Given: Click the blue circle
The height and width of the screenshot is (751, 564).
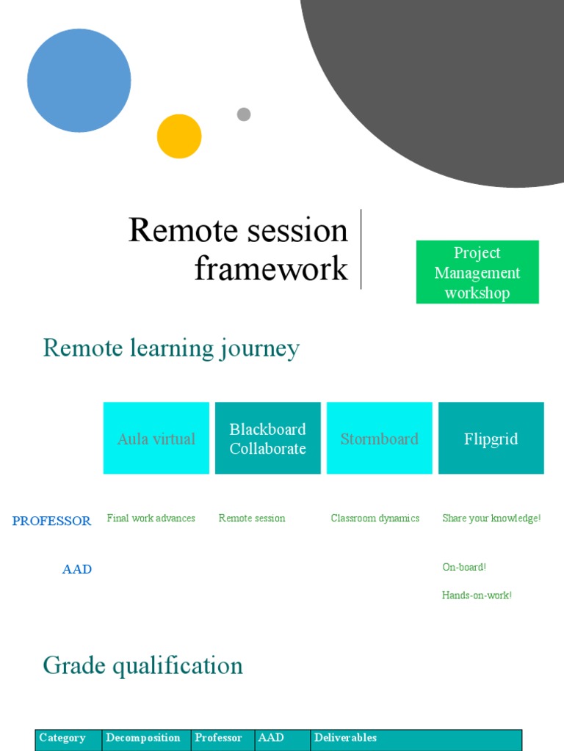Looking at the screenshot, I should coord(79,81).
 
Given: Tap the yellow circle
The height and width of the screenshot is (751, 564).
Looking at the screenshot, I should coord(179,136).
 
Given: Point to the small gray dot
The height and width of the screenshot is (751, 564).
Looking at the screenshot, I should coord(244,114).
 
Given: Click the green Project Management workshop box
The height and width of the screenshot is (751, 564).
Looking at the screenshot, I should coord(477,272).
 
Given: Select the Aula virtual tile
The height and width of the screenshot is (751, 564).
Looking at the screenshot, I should coord(156,439).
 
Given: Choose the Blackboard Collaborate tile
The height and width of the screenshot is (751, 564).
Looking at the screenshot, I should coord(268,439).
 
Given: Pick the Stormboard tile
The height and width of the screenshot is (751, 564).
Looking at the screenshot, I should coord(380,439).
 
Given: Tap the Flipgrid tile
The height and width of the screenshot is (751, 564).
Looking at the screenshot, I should coord(491,439).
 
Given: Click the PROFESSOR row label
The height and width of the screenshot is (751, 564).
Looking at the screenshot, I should coord(52,521).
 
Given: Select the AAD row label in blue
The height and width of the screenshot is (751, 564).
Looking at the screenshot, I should coord(77,569).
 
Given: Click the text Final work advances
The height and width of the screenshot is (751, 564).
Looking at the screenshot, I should coord(151,519).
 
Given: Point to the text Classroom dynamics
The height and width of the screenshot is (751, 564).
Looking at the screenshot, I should coord(375,519).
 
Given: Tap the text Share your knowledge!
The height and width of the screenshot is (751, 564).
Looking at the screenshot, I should coord(491,519).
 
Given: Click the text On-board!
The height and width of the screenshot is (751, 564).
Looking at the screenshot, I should coord(464,567).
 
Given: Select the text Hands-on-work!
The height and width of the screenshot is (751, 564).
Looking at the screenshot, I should coord(477,596).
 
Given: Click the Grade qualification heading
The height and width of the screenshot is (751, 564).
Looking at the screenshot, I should coord(143,665).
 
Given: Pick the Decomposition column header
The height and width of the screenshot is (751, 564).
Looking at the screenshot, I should coord(143,738).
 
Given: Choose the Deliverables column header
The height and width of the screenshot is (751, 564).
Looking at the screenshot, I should coord(346,738).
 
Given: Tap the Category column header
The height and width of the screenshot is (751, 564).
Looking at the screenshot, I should coord(62,738).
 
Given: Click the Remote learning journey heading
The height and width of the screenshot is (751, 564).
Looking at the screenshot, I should coord(172,348).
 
